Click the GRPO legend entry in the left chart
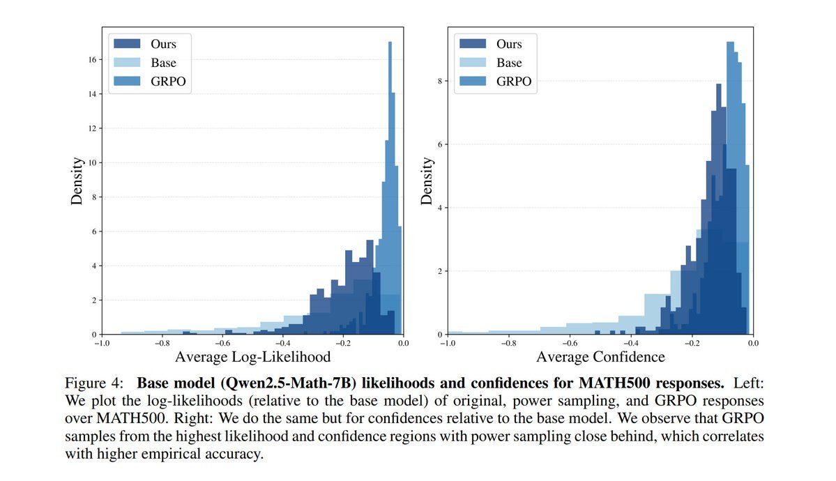[x=168, y=82]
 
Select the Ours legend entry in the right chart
[x=508, y=44]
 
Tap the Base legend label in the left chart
[x=164, y=63]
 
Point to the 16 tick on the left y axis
[x=91, y=60]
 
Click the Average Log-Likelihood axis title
[x=253, y=358]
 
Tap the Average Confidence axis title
[x=600, y=358]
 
